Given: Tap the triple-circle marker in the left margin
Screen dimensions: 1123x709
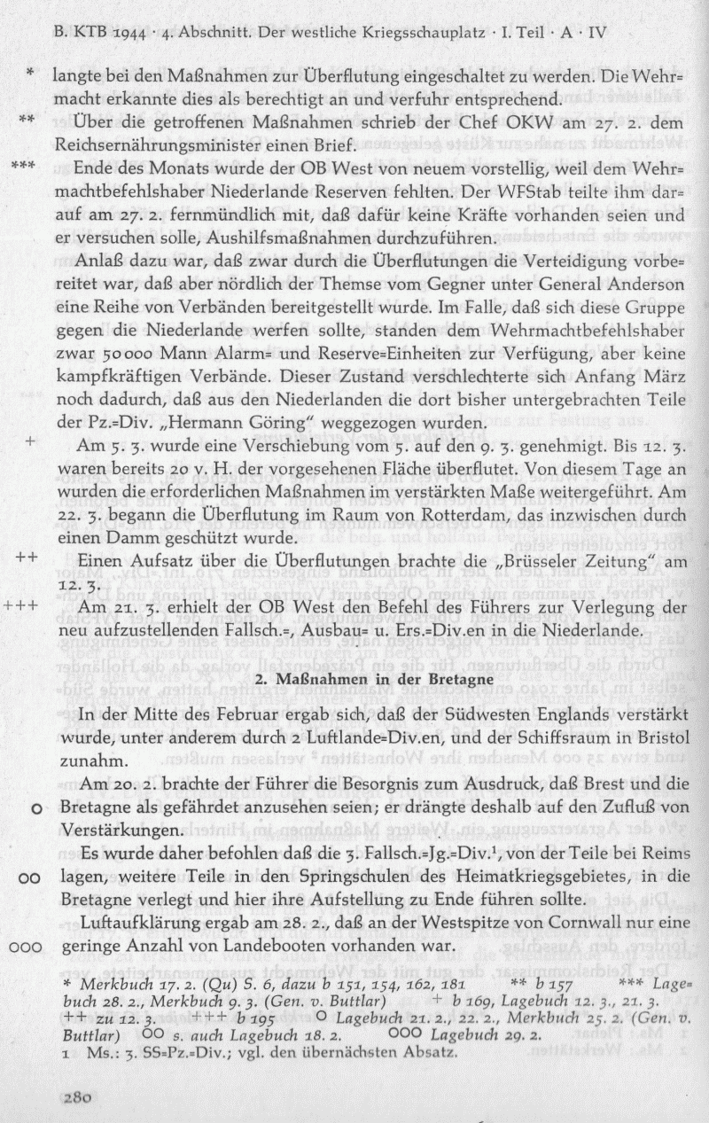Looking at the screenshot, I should point(27,946).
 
